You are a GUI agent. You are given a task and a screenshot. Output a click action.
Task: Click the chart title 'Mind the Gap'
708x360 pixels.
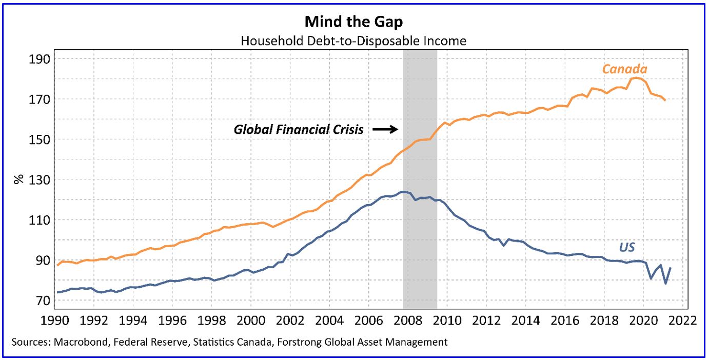coord(353,22)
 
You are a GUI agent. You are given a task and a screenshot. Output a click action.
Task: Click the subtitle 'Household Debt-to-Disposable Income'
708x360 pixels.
coord(353,41)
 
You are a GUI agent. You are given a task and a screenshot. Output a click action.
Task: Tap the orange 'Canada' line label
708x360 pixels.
coord(624,69)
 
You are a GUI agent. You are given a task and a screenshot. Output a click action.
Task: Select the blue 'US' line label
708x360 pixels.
coord(626,248)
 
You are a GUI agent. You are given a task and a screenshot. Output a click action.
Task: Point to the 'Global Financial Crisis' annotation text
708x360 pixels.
coord(299,130)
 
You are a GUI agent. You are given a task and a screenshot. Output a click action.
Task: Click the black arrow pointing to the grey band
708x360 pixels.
coord(385,130)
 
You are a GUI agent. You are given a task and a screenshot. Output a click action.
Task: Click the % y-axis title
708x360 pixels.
coord(19,179)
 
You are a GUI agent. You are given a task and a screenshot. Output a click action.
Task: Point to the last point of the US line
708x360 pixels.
coord(670,268)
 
